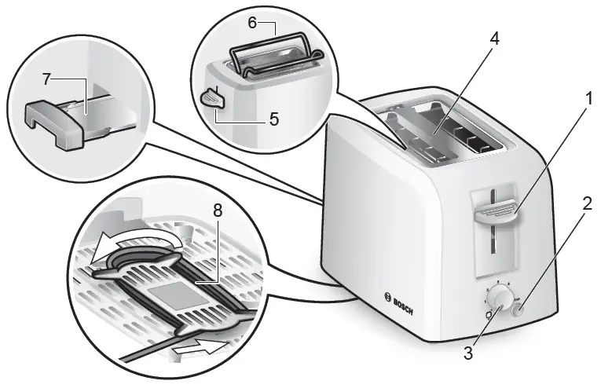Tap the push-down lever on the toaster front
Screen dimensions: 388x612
point(494,210)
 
